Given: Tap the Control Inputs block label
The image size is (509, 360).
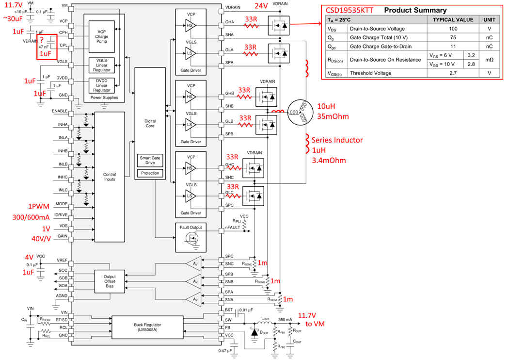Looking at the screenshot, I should (110, 177).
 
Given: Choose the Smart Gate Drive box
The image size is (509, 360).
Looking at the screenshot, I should (150, 161).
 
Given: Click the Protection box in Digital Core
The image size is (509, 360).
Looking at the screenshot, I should (150, 173).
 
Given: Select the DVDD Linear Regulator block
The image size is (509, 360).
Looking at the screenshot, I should (102, 84).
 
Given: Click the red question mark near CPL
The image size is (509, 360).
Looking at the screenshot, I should (43, 38).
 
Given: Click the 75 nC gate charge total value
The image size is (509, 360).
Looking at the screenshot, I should (454, 37).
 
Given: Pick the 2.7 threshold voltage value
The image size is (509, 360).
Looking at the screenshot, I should (454, 73).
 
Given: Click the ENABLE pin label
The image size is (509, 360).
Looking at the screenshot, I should (60, 111).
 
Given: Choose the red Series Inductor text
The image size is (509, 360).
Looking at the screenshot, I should (338, 140).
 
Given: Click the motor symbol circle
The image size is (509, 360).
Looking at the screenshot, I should (298, 113).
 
